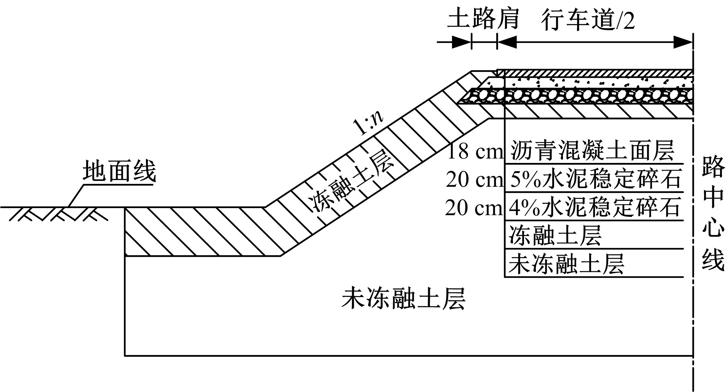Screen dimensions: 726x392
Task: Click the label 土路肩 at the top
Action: pyautogui.click(x=483, y=18)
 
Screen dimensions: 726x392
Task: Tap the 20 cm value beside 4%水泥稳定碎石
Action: pyautogui.click(x=474, y=208)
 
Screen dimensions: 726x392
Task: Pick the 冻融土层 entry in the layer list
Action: pyautogui.click(x=555, y=235)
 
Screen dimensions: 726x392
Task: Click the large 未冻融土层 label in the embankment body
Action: pyautogui.click(x=404, y=298)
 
